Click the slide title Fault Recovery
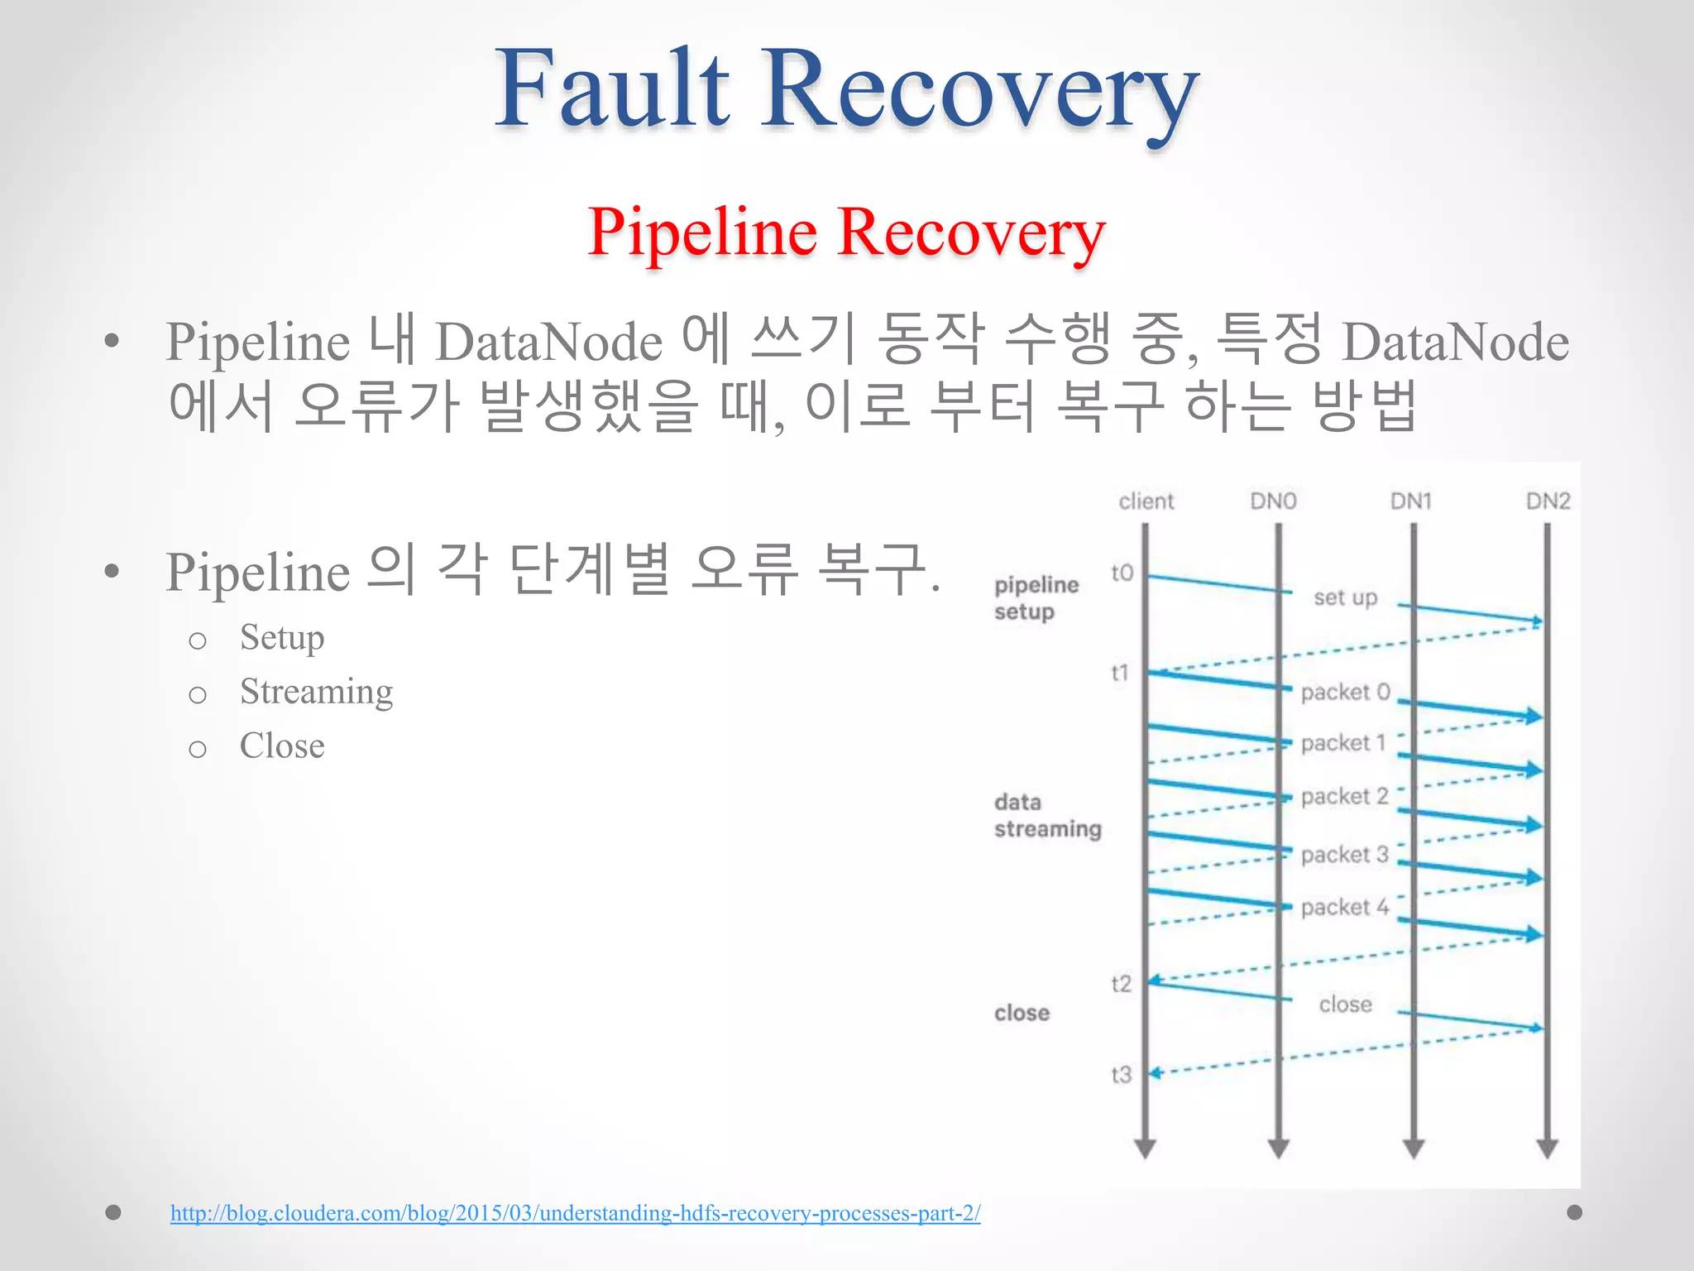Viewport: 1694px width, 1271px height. [846, 89]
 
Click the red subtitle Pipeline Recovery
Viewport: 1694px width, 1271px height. [846, 233]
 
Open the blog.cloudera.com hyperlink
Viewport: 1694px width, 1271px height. [575, 1213]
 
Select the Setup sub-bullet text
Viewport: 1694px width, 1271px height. [282, 637]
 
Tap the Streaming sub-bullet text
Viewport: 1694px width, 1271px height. [316, 691]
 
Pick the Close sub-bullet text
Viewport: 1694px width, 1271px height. [282, 746]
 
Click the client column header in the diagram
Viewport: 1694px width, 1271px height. [1146, 501]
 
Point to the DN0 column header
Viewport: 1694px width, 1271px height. [1273, 501]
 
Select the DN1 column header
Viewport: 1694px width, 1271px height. [1410, 501]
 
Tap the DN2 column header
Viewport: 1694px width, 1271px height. [1548, 501]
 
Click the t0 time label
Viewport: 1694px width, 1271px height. [1122, 573]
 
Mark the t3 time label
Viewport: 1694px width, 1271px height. [1121, 1075]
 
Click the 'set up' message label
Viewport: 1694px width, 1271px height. [1345, 597]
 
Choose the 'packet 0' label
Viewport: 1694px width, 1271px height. [1345, 692]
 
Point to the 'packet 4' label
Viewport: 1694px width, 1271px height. [1344, 907]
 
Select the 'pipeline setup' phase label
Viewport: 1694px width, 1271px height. [1036, 597]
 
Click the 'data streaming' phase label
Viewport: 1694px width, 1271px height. [1047, 815]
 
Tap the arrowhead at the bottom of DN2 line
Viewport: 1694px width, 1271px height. [1548, 1148]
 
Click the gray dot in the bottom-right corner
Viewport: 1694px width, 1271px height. [1575, 1212]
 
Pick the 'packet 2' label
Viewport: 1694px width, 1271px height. [1344, 796]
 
